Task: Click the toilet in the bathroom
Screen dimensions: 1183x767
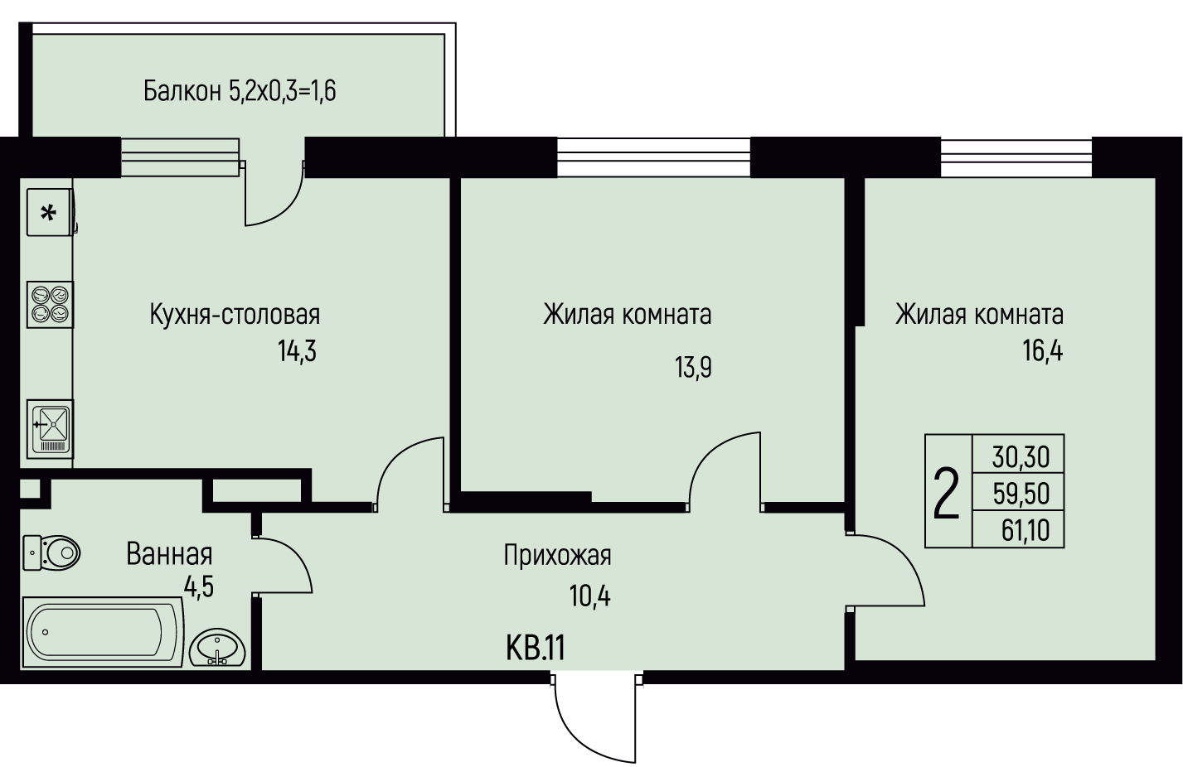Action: click(51, 552)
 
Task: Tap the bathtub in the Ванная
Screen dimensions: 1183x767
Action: click(103, 633)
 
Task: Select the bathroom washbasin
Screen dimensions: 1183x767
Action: click(217, 647)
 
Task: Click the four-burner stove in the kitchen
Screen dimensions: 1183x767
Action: click(51, 305)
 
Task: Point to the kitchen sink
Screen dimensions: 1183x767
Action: click(51, 429)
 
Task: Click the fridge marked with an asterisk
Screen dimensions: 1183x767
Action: click(51, 212)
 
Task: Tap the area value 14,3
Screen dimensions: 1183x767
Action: click(297, 351)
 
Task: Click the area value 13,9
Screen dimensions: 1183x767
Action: click(693, 367)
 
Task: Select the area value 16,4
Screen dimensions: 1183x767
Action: click(1043, 351)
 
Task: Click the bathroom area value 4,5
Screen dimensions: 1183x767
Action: click(199, 586)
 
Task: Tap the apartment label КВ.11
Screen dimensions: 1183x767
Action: click(536, 648)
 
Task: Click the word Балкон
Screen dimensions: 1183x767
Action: click(182, 91)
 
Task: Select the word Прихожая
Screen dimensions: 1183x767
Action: click(557, 557)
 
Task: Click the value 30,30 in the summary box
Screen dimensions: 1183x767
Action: click(1021, 457)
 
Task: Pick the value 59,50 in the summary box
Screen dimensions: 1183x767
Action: click(1021, 494)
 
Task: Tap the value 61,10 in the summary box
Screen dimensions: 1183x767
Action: click(1025, 530)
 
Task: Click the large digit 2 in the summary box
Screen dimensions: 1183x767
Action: click(947, 493)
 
